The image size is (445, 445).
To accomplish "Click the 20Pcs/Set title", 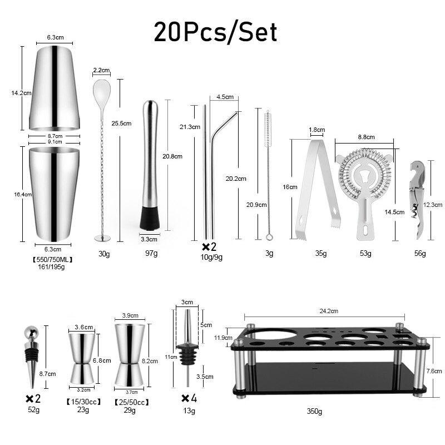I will tap(215, 32).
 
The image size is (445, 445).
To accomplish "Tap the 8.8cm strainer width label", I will tap(366, 137).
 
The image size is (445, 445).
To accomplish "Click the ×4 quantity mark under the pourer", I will tap(189, 398).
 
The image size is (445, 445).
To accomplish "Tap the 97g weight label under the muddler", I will tap(151, 254).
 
